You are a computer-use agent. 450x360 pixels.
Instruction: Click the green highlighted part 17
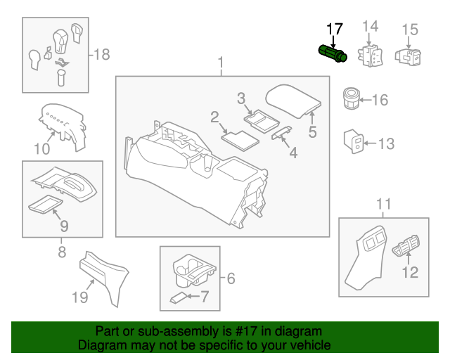(333, 54)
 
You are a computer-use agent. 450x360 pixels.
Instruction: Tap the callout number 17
(335, 29)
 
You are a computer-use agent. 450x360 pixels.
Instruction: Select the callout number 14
(370, 27)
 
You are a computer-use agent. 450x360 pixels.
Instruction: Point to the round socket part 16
(351, 97)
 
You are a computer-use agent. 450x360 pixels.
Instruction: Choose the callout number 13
(387, 144)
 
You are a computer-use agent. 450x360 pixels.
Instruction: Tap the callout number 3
(240, 98)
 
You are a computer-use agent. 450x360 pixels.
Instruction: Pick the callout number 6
(229, 278)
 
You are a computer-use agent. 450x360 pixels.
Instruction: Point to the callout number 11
(383, 205)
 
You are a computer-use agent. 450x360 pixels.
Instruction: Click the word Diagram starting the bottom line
(100, 345)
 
